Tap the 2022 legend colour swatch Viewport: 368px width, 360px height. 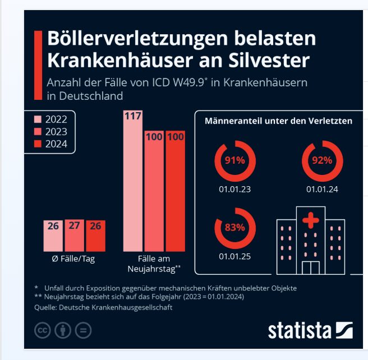(x=38, y=119)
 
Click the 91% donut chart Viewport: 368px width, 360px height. (x=235, y=160)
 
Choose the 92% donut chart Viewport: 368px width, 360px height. (x=322, y=160)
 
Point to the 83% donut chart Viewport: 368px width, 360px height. (x=235, y=227)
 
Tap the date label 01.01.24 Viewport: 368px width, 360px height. (x=322, y=189)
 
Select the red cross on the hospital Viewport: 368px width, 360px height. (x=309, y=220)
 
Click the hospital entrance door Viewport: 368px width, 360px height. (x=309, y=267)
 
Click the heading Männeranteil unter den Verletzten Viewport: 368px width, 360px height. (x=278, y=121)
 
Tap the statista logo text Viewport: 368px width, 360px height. (x=299, y=330)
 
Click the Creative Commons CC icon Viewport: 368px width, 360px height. (x=43, y=330)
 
